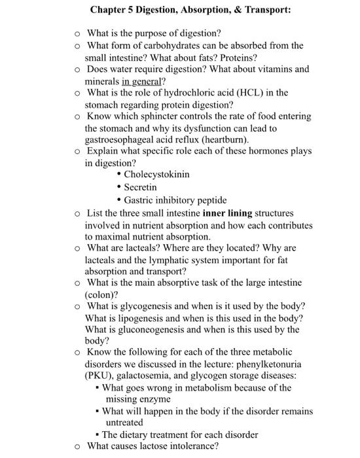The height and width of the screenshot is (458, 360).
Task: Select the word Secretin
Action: click(141, 187)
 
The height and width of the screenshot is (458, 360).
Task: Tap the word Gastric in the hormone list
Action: click(140, 200)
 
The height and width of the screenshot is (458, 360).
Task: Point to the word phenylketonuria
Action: click(268, 364)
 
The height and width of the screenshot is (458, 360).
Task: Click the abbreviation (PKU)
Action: click(102, 376)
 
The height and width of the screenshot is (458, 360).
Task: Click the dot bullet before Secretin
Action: click(118, 187)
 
